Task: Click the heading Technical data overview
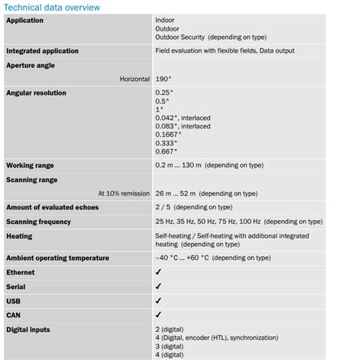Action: tap(52, 7)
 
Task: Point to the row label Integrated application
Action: tap(42, 51)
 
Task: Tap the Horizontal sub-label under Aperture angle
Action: tap(134, 79)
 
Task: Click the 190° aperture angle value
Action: tap(163, 79)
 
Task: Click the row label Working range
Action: tap(30, 165)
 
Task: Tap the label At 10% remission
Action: tap(123, 193)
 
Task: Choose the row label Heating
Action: tap(19, 236)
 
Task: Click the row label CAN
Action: tap(14, 314)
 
